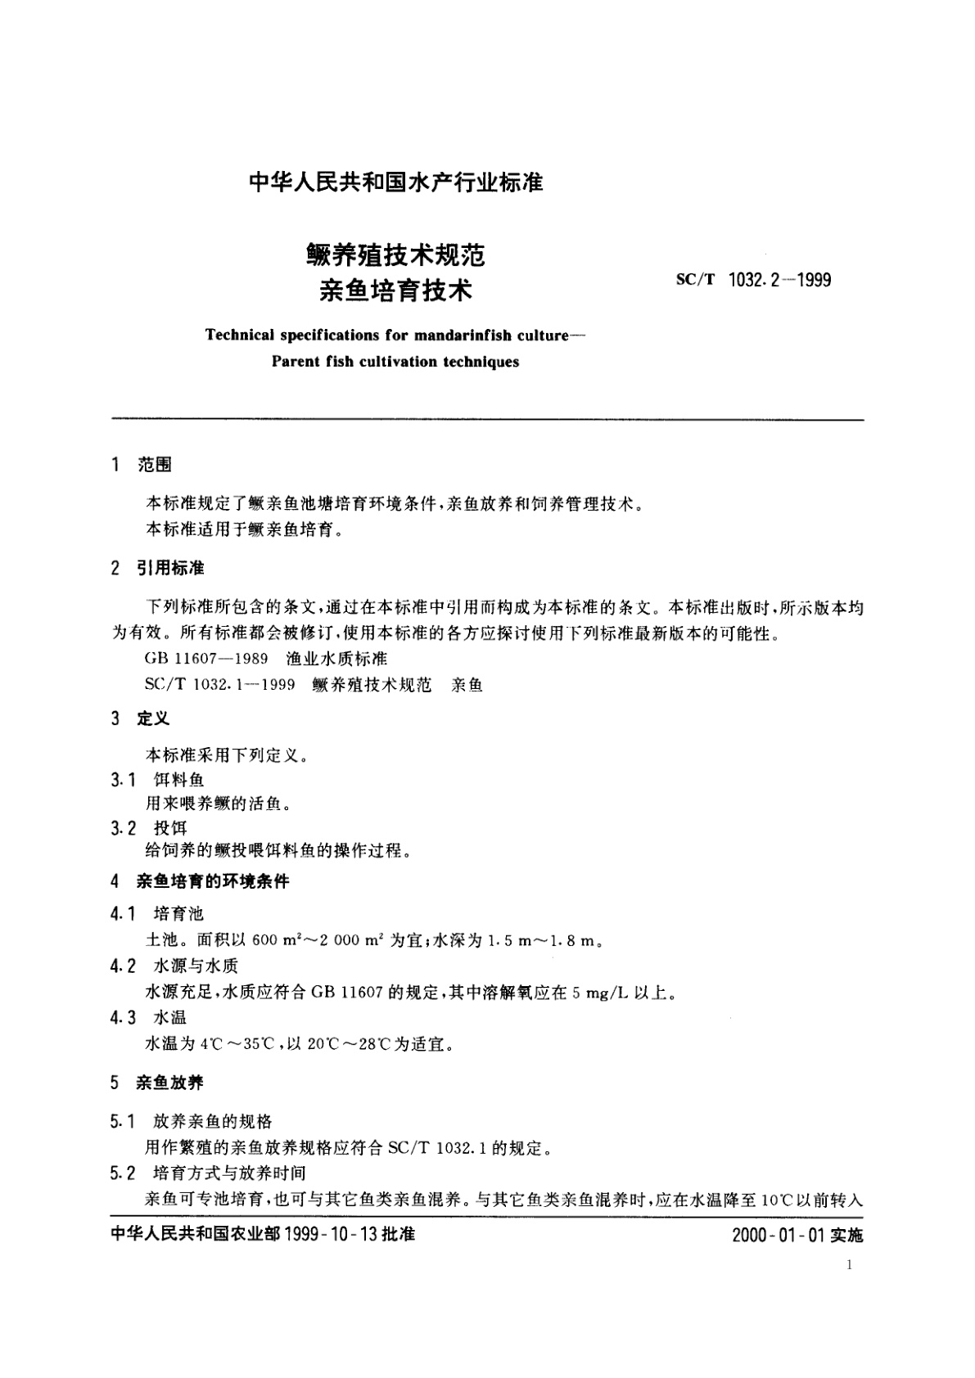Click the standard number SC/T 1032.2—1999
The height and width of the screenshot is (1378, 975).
point(753,280)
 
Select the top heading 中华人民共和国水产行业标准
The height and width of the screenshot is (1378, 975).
point(395,182)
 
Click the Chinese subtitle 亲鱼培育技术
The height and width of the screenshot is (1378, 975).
point(396,290)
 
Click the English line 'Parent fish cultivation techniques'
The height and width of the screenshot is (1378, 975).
point(395,362)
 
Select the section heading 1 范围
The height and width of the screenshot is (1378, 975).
point(141,466)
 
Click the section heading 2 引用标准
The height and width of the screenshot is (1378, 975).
point(157,568)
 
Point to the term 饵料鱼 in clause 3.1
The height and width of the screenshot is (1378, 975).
point(178,780)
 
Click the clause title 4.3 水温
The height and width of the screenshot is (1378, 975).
point(149,1017)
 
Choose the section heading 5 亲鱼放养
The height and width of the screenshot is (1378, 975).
point(157,1083)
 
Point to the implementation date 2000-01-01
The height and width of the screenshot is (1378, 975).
point(779,1235)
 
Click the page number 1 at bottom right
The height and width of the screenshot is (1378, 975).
point(850,1265)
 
